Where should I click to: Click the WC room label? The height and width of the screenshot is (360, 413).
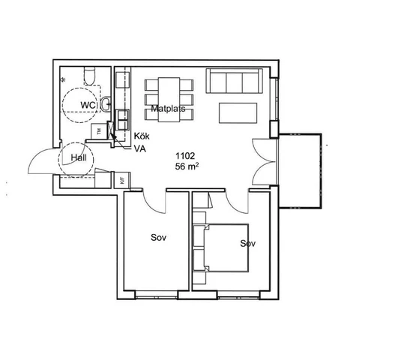88,105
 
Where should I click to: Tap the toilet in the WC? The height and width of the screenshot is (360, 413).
89,76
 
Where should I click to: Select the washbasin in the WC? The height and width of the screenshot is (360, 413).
106,104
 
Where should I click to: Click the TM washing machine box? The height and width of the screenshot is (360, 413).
99,131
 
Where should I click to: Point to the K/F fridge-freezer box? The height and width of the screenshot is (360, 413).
122,180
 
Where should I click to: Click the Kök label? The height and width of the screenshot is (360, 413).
142,136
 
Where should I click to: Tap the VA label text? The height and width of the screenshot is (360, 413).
140,149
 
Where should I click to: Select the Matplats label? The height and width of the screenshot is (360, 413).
168,109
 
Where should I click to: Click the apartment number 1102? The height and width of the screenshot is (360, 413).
185,156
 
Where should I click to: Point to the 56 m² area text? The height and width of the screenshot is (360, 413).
187,166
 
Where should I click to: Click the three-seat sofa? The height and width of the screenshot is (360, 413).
235,81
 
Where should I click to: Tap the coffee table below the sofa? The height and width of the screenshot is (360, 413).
238,113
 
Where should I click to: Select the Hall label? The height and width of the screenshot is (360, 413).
79,157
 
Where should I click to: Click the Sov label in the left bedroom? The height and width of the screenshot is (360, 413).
159,238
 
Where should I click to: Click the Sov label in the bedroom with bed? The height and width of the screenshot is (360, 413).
248,244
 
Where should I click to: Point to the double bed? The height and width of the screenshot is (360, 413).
220,247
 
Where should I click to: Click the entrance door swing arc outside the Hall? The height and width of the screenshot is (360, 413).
40,154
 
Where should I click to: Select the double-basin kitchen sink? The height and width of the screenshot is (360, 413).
123,120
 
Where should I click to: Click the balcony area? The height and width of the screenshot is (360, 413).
300,171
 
